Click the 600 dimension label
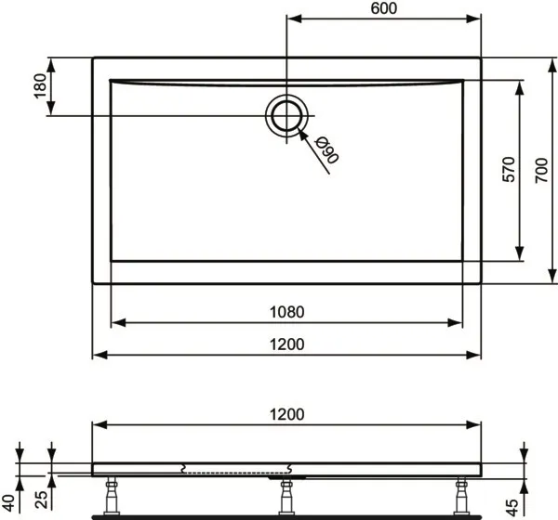(x=383, y=8)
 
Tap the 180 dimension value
(x=41, y=86)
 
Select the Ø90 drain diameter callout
(x=326, y=150)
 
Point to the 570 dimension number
(x=509, y=170)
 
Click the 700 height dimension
(x=541, y=171)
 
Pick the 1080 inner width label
(x=286, y=312)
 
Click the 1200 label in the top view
(x=286, y=344)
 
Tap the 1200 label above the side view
(x=286, y=415)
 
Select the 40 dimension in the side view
(x=9, y=503)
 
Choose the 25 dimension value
(x=41, y=500)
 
